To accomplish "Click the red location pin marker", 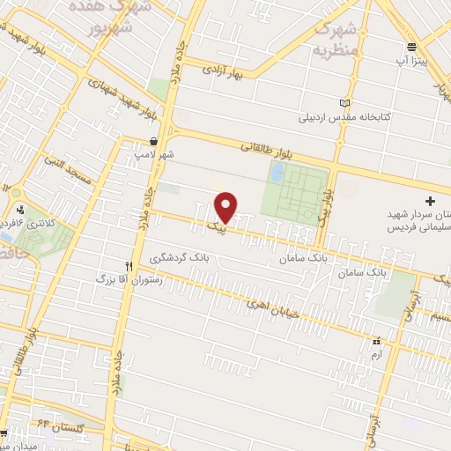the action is point(226,207).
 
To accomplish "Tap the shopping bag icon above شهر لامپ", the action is point(154,141).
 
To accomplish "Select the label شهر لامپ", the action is point(155,154).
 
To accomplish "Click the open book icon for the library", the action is point(344,102).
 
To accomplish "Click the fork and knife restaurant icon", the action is point(129,265).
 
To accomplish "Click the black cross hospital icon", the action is point(430,201).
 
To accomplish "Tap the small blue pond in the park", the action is point(277,175).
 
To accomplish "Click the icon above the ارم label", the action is point(376,340).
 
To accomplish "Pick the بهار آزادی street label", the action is point(224,70).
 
